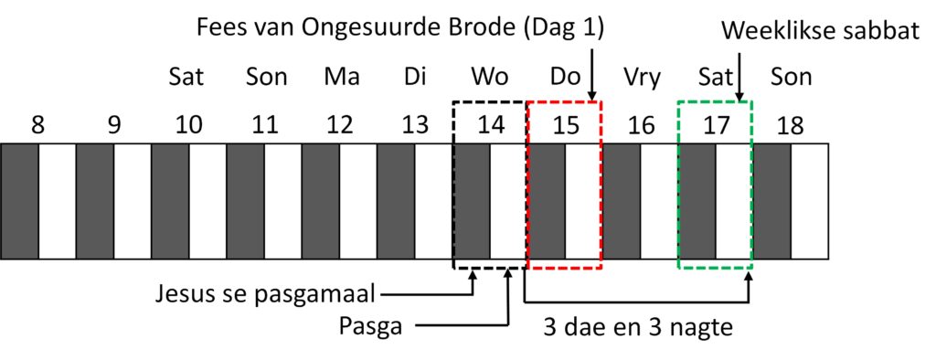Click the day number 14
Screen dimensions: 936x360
coord(491,126)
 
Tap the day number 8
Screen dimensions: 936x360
coord(37,126)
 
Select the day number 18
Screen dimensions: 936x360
coord(789,126)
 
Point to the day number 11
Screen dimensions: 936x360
coord(265,126)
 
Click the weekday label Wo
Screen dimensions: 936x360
coord(490,78)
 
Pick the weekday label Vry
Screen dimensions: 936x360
coord(641,78)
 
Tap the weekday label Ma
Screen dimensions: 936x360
coord(342,78)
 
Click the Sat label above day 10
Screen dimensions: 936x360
coord(186,78)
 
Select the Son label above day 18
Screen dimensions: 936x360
coord(791,78)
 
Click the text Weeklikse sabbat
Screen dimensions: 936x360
coord(821,31)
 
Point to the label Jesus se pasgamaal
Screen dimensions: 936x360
coord(265,295)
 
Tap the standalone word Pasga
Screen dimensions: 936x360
coord(371,326)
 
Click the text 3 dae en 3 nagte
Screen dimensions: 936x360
coord(638,327)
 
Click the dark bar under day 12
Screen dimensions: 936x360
coord(321,201)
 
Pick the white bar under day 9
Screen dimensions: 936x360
coord(133,201)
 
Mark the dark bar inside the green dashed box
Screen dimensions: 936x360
coord(697,201)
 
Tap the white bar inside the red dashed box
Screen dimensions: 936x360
coord(584,201)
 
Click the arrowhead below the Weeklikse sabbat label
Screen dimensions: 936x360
coord(739,96)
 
